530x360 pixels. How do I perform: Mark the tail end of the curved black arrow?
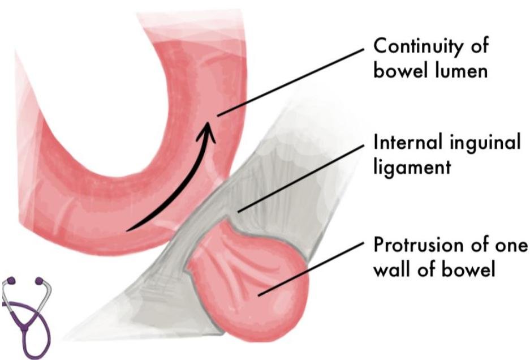(128, 229)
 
